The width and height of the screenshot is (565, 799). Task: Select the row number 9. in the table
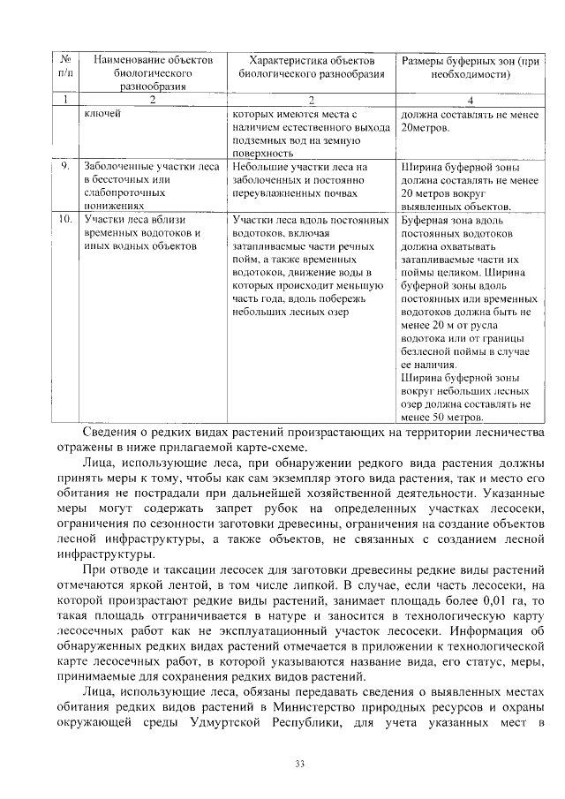point(65,166)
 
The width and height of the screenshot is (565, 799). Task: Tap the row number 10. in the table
point(65,218)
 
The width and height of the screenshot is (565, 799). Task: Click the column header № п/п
point(65,66)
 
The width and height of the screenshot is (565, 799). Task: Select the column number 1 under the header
point(65,100)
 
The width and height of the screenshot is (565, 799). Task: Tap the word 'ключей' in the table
point(102,113)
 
